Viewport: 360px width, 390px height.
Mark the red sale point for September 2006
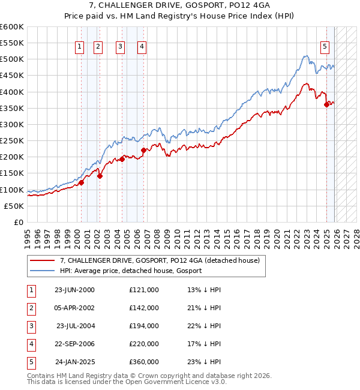click(x=143, y=151)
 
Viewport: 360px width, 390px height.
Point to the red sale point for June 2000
click(x=81, y=182)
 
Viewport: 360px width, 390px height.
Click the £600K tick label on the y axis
click(x=11, y=27)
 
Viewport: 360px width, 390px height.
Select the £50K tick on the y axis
click(x=14, y=206)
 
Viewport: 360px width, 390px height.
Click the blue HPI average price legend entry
click(x=131, y=271)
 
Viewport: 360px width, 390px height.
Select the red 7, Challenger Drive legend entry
click(x=160, y=260)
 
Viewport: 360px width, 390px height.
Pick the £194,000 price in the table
click(x=143, y=326)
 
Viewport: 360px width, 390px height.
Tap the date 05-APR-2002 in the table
click(x=74, y=308)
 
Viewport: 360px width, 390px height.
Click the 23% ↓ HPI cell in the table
click(x=204, y=362)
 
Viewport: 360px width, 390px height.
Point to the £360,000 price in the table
click(x=143, y=362)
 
